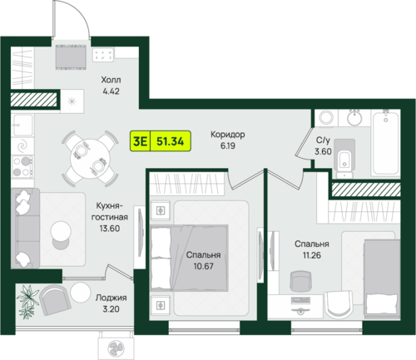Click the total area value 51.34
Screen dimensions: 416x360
(x=170, y=141)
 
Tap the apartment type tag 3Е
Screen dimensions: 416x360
(x=140, y=141)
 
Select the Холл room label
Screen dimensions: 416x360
(x=111, y=80)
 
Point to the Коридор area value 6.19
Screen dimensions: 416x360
(x=228, y=145)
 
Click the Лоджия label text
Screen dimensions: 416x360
(x=111, y=298)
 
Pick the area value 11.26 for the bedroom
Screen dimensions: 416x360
(x=312, y=255)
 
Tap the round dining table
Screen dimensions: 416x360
(x=90, y=159)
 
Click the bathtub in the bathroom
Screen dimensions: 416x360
(x=385, y=142)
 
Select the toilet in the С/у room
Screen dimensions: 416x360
(x=344, y=159)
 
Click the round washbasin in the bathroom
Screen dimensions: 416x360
(x=354, y=117)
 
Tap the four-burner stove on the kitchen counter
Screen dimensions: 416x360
(x=22, y=166)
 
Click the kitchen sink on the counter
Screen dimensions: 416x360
(x=22, y=125)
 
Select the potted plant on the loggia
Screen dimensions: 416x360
(x=27, y=301)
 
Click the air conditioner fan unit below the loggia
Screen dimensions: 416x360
(x=114, y=347)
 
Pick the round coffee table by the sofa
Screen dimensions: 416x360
(x=61, y=231)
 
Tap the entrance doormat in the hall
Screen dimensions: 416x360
(x=71, y=57)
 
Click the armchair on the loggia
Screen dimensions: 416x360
(x=55, y=300)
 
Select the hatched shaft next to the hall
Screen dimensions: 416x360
(x=33, y=100)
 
